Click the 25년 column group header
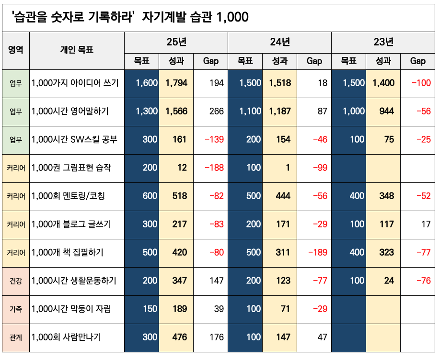(x=176, y=42)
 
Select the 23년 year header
(x=383, y=42)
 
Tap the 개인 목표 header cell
(x=77, y=49)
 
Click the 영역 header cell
(x=16, y=49)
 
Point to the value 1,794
(x=176, y=83)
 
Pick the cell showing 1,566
(x=176, y=111)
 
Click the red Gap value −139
(x=214, y=139)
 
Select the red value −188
(x=214, y=168)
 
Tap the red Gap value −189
(x=318, y=252)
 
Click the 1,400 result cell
(x=383, y=83)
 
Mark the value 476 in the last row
(x=179, y=337)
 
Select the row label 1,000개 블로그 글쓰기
(x=71, y=224)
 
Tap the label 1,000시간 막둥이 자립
(x=71, y=309)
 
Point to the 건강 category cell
(x=16, y=281)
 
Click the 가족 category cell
(x=16, y=309)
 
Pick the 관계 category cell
(x=16, y=337)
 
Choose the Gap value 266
(x=217, y=111)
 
